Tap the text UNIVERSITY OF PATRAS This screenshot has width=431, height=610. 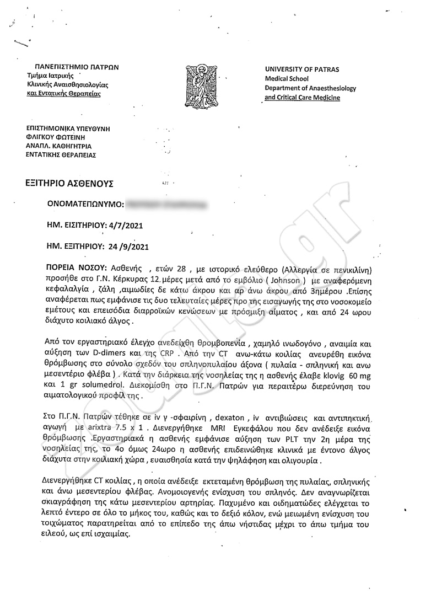pyautogui.click(x=302, y=69)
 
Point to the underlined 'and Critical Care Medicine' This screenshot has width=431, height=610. pyautogui.click(x=302, y=98)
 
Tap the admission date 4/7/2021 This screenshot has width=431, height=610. pyautogui.click(x=131, y=225)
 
